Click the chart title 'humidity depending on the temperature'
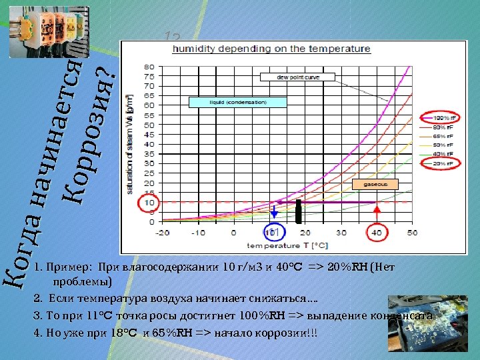[x=271, y=49]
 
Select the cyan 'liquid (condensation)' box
[x=238, y=102]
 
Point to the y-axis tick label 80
[x=149, y=67]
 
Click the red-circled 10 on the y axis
[x=149, y=202]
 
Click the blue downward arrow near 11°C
[x=274, y=211]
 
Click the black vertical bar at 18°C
[x=299, y=211]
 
